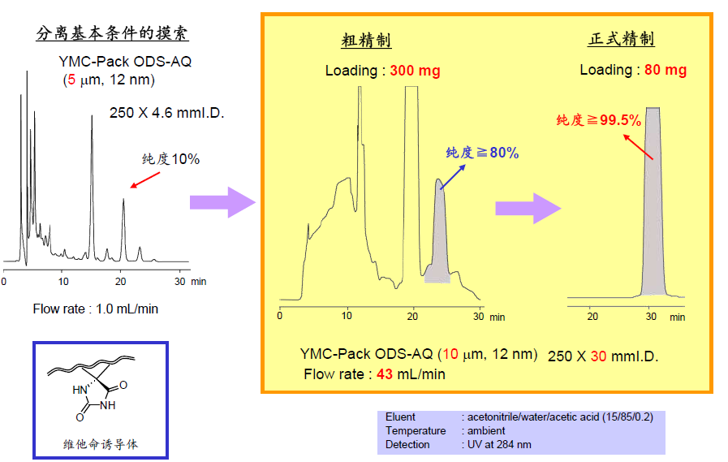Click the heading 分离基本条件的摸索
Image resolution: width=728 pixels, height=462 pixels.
click(x=113, y=34)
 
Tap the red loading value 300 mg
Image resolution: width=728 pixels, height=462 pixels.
click(x=415, y=71)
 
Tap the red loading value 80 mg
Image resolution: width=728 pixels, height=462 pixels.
click(x=666, y=70)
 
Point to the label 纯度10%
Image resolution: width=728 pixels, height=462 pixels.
click(x=170, y=159)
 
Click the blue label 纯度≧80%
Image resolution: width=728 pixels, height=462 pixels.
click(x=482, y=153)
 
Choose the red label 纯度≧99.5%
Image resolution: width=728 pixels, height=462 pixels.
click(x=599, y=120)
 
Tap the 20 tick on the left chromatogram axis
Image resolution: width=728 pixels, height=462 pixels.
click(x=121, y=281)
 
